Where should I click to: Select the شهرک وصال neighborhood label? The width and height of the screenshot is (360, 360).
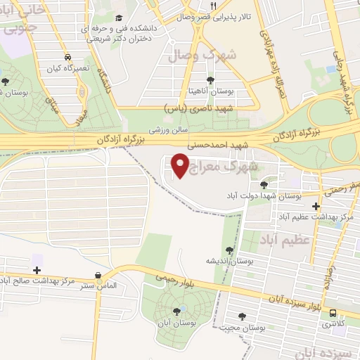(x=211, y=54)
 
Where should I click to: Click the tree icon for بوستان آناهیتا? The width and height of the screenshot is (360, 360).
(x=211, y=79)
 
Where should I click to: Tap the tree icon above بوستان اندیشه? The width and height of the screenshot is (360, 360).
(x=230, y=250)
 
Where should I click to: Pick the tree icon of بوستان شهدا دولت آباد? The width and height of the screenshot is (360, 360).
(x=264, y=185)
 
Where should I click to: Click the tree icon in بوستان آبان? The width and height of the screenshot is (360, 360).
(x=176, y=310)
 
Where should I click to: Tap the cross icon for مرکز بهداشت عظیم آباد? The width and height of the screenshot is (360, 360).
(x=316, y=207)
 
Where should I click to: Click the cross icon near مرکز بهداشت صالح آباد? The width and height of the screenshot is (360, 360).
(x=37, y=270)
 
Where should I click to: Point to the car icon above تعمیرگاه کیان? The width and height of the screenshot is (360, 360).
(x=67, y=57)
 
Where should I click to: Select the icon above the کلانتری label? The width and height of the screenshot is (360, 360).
(x=332, y=314)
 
